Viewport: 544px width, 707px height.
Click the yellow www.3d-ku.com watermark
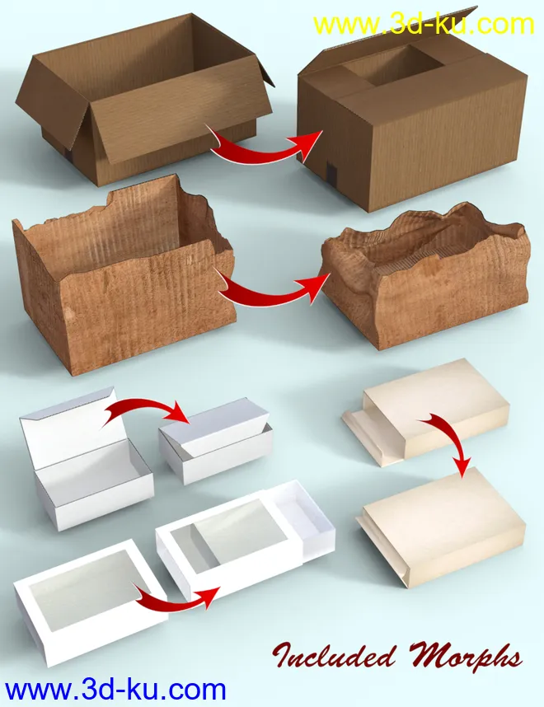click(x=424, y=25)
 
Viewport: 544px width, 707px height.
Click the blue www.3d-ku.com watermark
click(x=115, y=690)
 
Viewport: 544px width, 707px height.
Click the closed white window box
click(x=90, y=602)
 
